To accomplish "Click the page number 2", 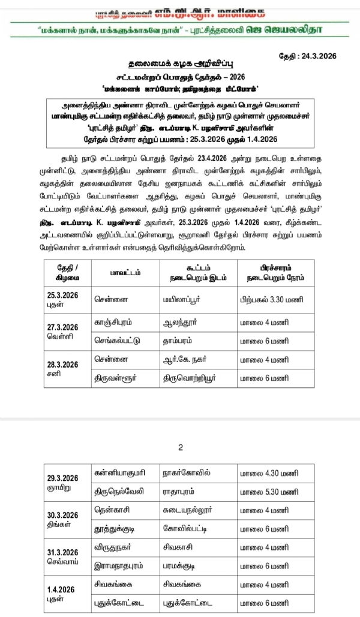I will click(179, 447).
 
